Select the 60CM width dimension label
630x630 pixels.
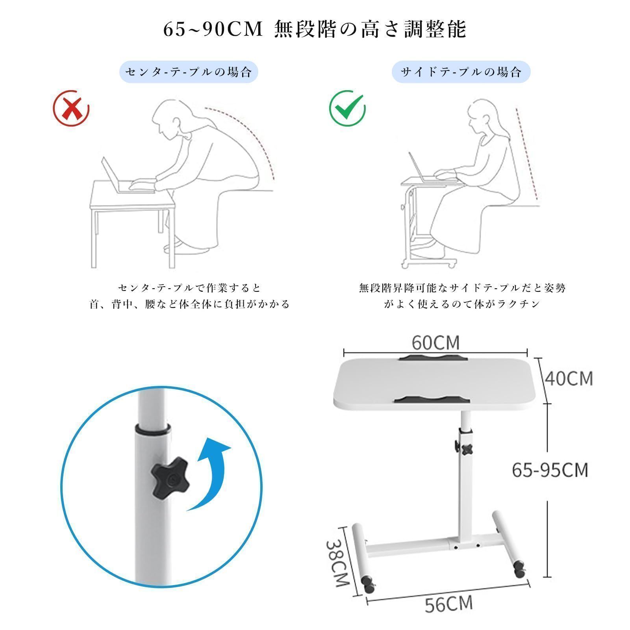435,342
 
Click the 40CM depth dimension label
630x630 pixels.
569,378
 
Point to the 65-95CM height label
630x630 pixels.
550,470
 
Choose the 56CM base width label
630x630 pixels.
448,603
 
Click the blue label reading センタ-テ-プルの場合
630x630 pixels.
189,72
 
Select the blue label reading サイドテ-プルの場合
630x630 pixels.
461,72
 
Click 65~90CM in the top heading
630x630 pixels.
213,29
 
